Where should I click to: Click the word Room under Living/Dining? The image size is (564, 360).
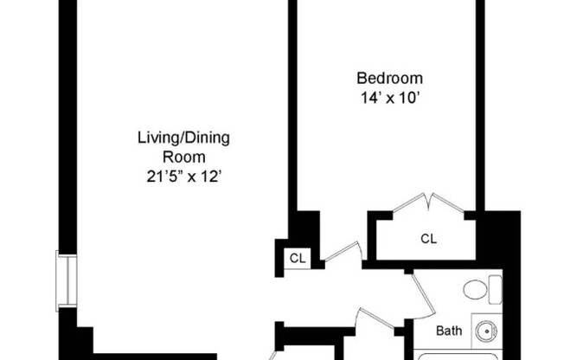pos(184,157)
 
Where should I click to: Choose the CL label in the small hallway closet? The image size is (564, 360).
pos(298,258)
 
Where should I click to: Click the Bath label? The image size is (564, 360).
pos(448,331)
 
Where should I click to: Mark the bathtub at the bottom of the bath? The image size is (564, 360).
pos(458,355)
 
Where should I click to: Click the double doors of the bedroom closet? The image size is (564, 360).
pos(429,203)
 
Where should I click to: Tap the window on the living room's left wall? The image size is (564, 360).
pos(61,281)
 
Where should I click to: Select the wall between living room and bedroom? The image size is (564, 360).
pos(292,112)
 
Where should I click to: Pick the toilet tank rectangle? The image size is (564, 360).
pos(495,289)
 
